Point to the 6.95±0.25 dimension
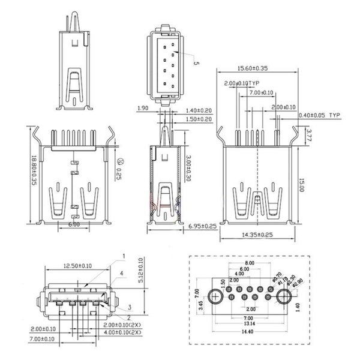(202, 226)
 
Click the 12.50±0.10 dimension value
(77, 265)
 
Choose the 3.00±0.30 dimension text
(188, 169)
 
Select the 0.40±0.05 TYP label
(319, 114)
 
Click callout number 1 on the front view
(124, 256)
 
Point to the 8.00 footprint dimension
(249, 263)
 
